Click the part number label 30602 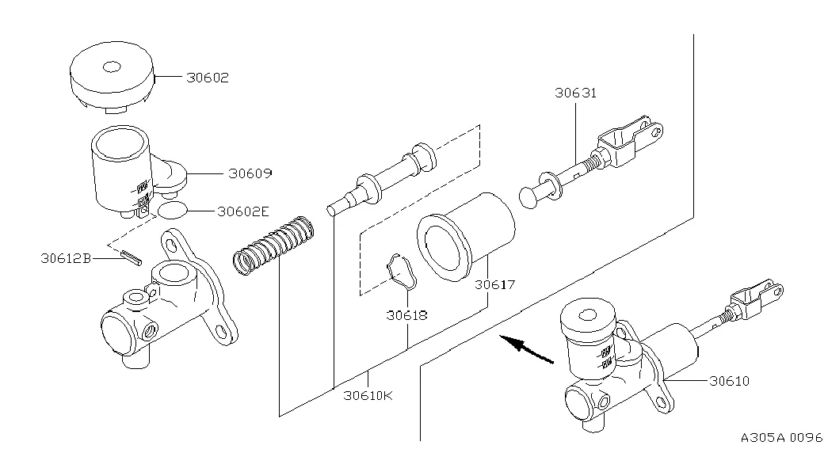pyautogui.click(x=208, y=78)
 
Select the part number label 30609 pyautogui.click(x=250, y=173)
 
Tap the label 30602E pyautogui.click(x=243, y=211)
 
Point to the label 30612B pyautogui.click(x=66, y=259)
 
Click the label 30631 pyautogui.click(x=575, y=93)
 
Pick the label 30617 pyautogui.click(x=494, y=284)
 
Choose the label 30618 pyautogui.click(x=406, y=316)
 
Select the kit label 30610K pyautogui.click(x=368, y=395)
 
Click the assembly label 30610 pyautogui.click(x=729, y=381)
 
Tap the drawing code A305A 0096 pyautogui.click(x=781, y=438)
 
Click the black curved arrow pyautogui.click(x=525, y=349)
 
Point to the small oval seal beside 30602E pyautogui.click(x=172, y=210)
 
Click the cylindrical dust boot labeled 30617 pyautogui.click(x=466, y=236)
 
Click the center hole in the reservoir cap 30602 pyautogui.click(x=112, y=67)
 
